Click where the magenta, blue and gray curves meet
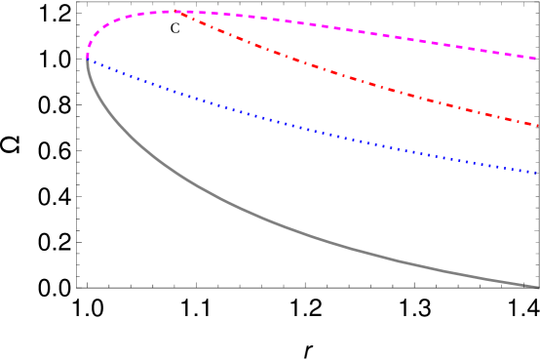click(88, 58)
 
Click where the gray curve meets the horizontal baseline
click(535, 287)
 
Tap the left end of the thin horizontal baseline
click(78, 288)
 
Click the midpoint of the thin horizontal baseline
click(307, 288)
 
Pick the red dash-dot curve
click(341, 74)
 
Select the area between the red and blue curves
click(390, 117)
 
